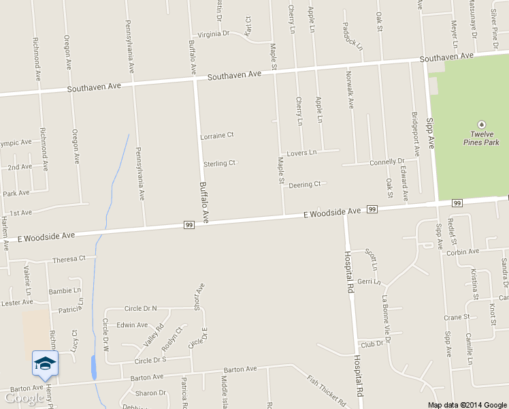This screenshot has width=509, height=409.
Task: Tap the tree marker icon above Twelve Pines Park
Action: (x=481, y=125)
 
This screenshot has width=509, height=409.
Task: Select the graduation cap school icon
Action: (x=45, y=363)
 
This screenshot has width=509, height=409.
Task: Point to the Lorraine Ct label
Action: (x=217, y=136)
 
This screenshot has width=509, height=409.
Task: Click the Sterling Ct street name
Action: (x=219, y=164)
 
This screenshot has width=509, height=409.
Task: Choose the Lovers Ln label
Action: (x=301, y=153)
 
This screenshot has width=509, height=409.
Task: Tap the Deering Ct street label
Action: (x=304, y=185)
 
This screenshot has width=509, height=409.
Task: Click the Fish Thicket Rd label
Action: (x=326, y=390)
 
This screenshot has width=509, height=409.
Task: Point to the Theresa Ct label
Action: (x=69, y=259)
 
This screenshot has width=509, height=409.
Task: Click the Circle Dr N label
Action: (x=140, y=309)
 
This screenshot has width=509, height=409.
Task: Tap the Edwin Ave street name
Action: (x=132, y=325)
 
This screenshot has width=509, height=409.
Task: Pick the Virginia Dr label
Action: (x=214, y=34)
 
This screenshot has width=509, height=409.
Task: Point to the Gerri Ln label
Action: (x=368, y=282)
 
